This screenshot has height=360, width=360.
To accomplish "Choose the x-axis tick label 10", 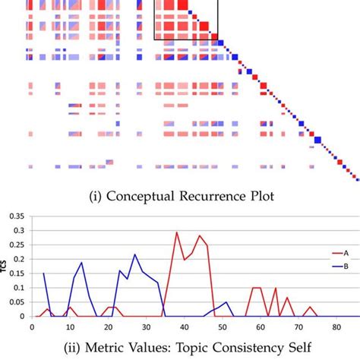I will tap(70, 327).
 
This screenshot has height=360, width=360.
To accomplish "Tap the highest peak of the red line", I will tap(177, 232).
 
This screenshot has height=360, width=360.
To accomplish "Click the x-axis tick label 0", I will tap(32, 327).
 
